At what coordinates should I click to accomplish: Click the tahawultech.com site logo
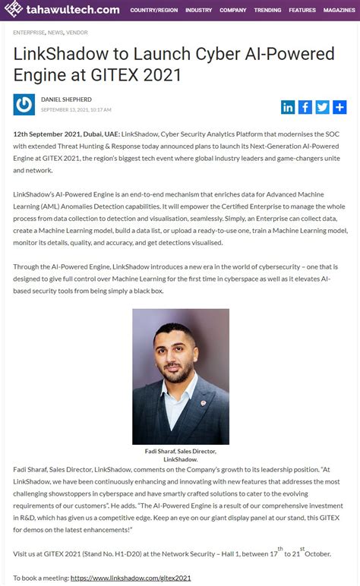point(62,10)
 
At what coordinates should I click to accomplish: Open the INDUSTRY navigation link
point(198,11)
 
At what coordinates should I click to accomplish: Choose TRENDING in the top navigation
point(267,11)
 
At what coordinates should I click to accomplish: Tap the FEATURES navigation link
point(302,11)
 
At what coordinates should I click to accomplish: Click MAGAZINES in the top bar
point(339,11)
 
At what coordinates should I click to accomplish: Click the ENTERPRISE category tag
point(28,33)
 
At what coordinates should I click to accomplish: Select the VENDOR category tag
point(77,33)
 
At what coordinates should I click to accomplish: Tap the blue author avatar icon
point(24,105)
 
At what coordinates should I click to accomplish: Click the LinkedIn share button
point(288,107)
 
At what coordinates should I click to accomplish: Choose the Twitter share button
point(322,107)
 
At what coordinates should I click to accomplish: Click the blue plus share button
point(339,107)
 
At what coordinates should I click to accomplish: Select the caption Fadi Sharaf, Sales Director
point(181,451)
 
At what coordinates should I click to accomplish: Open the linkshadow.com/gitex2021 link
point(131,578)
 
